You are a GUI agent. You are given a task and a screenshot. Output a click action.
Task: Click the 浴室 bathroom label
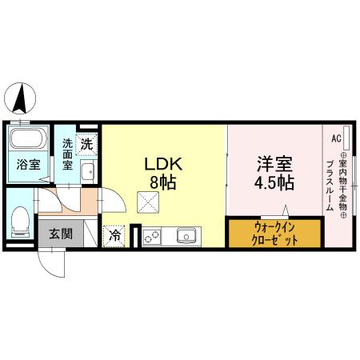[x=28, y=167]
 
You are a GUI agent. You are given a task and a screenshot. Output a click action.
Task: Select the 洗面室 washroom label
[x=68, y=154]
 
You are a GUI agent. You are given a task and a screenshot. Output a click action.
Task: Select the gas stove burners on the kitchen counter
[x=152, y=236]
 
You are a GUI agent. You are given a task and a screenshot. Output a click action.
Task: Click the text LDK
[x=164, y=164]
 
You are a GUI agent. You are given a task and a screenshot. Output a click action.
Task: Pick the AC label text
[x=336, y=137]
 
